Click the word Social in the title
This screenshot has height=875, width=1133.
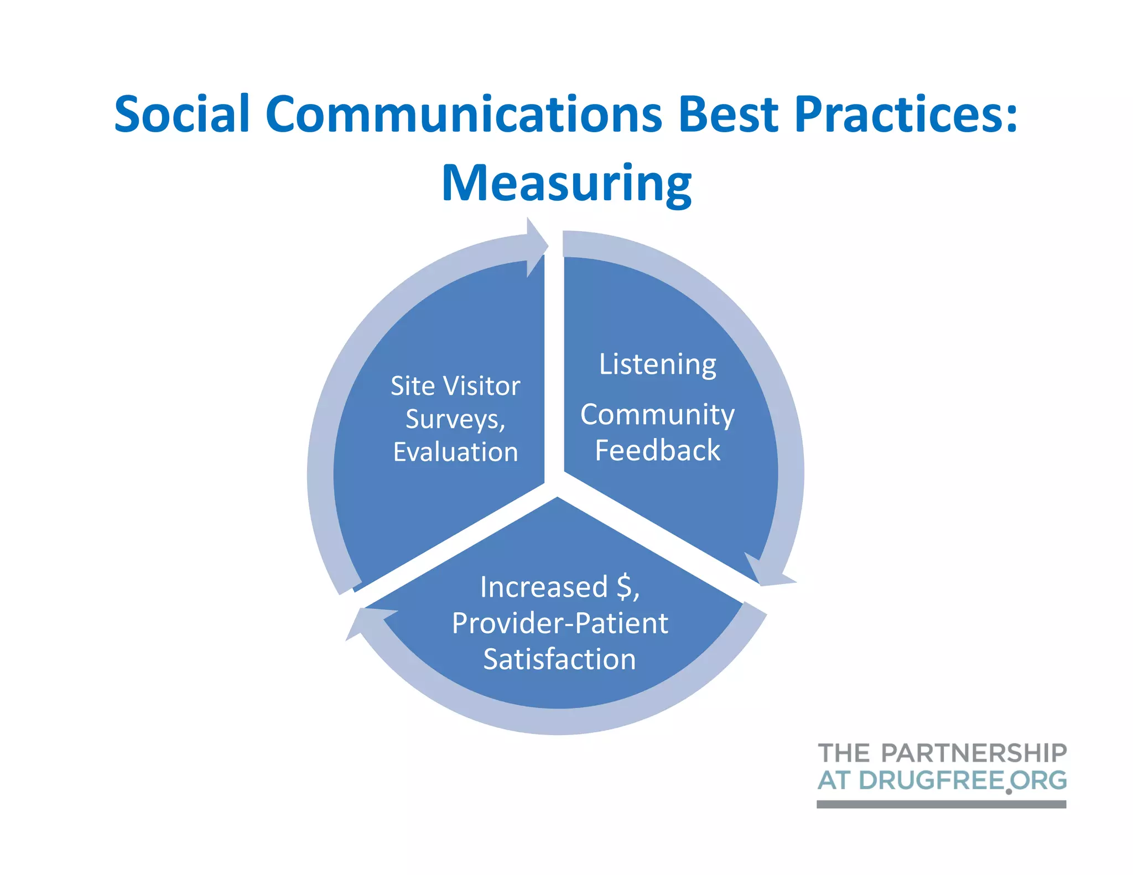[182, 114]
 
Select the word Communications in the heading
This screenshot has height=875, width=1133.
[464, 114]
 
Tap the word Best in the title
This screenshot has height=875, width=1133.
[729, 114]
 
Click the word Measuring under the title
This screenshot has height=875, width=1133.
[566, 184]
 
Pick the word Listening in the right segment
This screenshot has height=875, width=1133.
[658, 365]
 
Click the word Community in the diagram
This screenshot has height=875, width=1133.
[657, 415]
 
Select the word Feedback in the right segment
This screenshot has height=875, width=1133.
[657, 450]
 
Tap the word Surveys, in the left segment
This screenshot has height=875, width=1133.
[455, 419]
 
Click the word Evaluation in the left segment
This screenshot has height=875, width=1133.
[455, 452]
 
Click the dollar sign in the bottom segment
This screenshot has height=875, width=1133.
[626, 587]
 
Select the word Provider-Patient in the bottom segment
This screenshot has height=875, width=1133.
[560, 623]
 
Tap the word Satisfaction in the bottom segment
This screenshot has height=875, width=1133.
[559, 659]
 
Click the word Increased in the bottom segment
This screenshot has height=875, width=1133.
[544, 587]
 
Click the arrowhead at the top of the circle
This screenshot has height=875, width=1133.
[536, 247]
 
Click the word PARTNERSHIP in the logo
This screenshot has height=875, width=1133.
[973, 753]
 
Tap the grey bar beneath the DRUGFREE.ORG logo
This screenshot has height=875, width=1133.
[941, 804]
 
